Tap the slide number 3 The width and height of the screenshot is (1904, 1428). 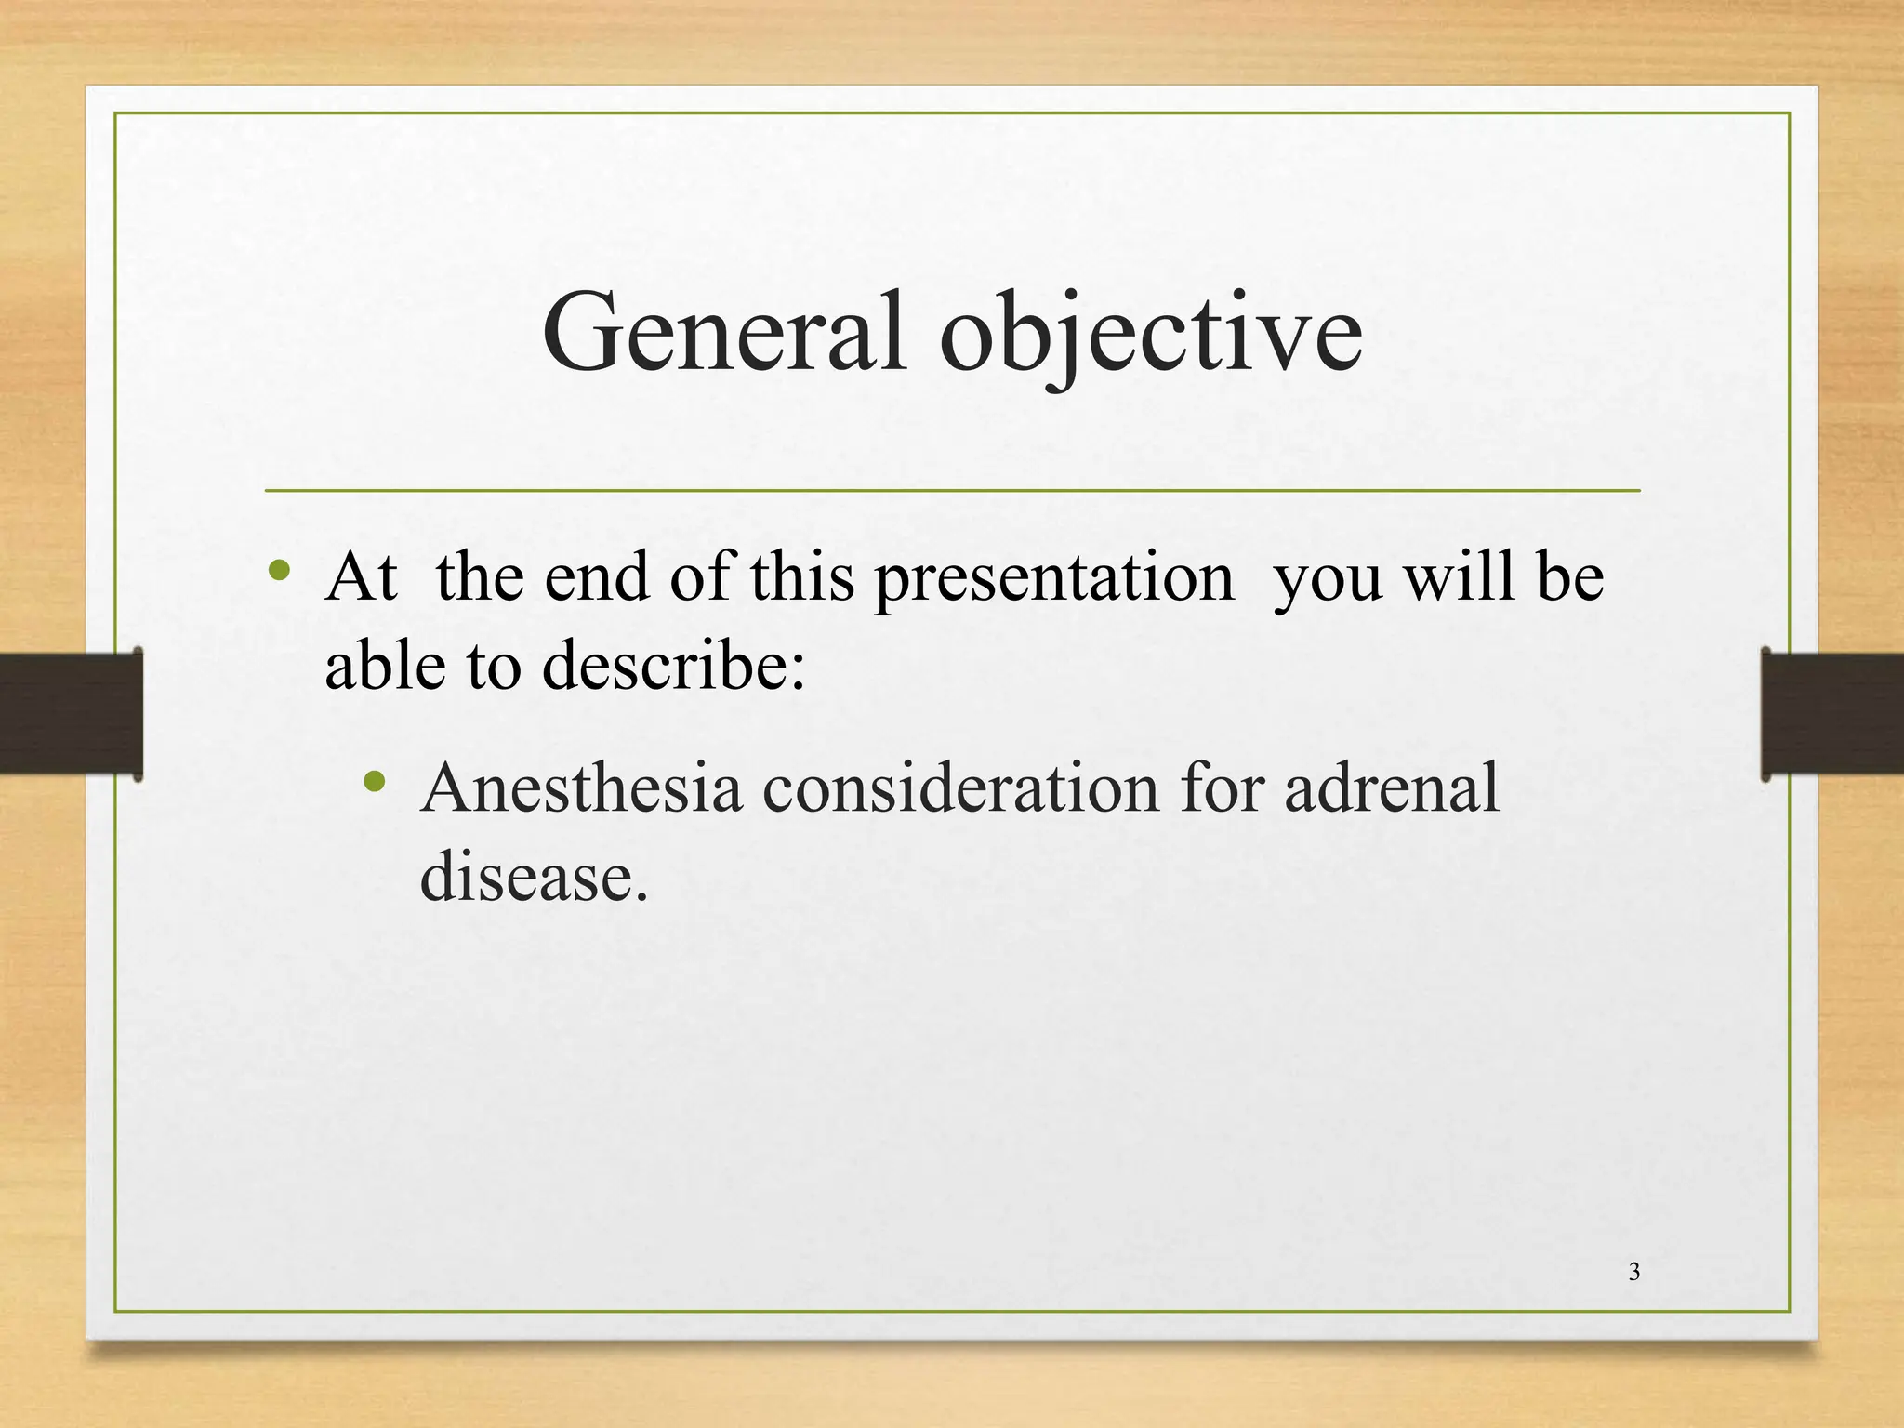coord(1634,1272)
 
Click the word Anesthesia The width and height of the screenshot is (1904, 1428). coord(581,787)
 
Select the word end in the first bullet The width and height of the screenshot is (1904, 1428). coord(596,576)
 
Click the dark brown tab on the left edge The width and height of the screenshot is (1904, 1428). coord(71,713)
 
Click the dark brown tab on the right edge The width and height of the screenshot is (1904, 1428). coord(1831,713)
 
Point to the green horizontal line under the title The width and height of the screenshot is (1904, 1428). coord(952,490)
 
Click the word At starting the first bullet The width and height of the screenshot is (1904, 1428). coord(361,576)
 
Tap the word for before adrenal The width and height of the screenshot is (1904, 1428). coord(1222,787)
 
